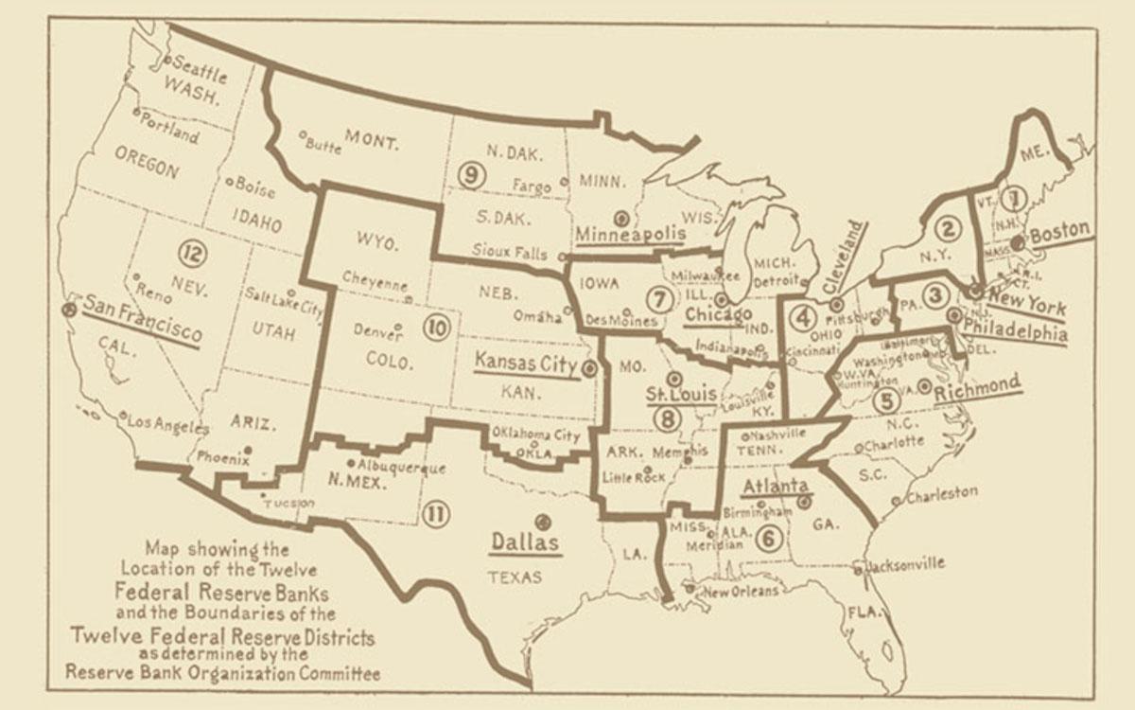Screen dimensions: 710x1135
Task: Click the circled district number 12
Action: [x=190, y=252]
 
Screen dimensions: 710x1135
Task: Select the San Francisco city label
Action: [x=143, y=319]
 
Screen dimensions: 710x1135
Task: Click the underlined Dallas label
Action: [x=524, y=543]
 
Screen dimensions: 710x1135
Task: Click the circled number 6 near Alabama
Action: [x=769, y=537]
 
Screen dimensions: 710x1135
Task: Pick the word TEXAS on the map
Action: [x=515, y=576]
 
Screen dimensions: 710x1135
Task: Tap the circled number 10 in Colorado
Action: [x=436, y=328]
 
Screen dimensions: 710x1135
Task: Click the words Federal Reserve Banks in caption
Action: [x=222, y=594]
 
